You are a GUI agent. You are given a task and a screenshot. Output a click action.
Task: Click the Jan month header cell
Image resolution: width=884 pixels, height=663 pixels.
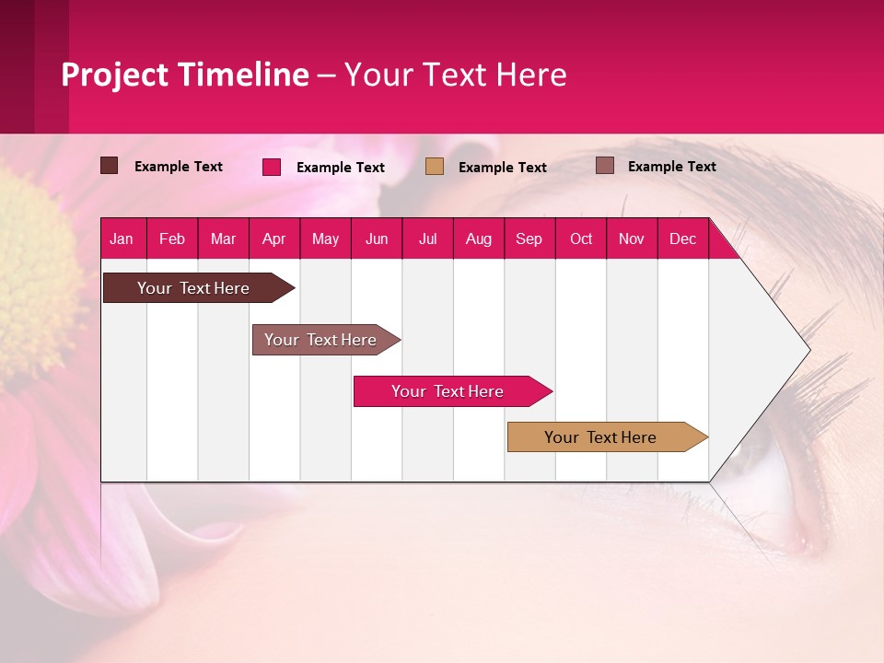(x=122, y=239)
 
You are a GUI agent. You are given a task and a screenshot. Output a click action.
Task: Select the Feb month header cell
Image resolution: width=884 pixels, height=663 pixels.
(x=172, y=239)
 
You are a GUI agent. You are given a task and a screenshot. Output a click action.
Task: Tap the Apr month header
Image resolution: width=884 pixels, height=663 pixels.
(x=274, y=239)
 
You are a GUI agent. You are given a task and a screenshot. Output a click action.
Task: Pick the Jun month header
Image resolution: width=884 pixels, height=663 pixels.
(x=377, y=239)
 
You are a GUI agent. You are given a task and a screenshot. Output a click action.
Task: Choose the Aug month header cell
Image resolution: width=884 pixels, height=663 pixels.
(x=479, y=239)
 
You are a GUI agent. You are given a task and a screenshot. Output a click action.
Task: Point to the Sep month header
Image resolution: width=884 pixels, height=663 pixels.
(x=529, y=239)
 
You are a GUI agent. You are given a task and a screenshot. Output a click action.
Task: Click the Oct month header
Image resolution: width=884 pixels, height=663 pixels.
(x=581, y=239)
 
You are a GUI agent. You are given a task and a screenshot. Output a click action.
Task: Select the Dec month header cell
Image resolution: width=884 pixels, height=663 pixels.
(x=683, y=239)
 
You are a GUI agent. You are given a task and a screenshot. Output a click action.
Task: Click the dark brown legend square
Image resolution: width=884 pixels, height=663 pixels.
(x=109, y=166)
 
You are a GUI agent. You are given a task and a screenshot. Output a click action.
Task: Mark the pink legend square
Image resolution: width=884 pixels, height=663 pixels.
(x=272, y=167)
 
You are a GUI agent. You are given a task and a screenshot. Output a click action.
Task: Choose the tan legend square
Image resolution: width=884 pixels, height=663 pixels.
(x=435, y=167)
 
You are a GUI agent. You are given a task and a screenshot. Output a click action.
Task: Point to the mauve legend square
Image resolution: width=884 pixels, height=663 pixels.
(x=605, y=166)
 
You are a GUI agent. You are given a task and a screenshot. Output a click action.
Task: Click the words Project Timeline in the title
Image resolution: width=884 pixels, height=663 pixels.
(x=185, y=75)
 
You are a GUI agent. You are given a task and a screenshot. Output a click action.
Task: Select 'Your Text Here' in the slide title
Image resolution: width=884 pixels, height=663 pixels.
(x=455, y=75)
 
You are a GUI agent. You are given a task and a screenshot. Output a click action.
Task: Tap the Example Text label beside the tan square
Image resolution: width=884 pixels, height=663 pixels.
(x=503, y=168)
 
